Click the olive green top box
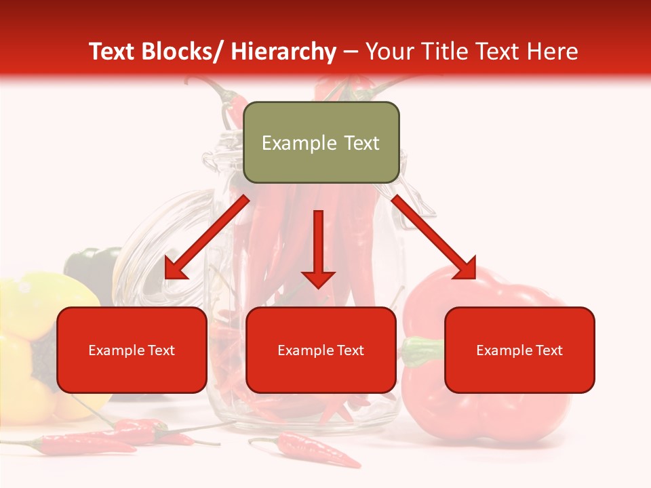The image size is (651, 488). (x=321, y=142)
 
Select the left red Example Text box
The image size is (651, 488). (x=132, y=350)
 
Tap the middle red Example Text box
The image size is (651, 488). (x=321, y=350)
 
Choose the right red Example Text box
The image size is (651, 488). (x=519, y=350)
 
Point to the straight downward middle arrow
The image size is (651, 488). (x=318, y=251)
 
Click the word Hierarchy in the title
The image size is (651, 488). (x=283, y=52)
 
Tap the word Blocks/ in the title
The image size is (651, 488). (x=179, y=52)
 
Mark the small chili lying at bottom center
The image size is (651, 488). (x=309, y=451)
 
